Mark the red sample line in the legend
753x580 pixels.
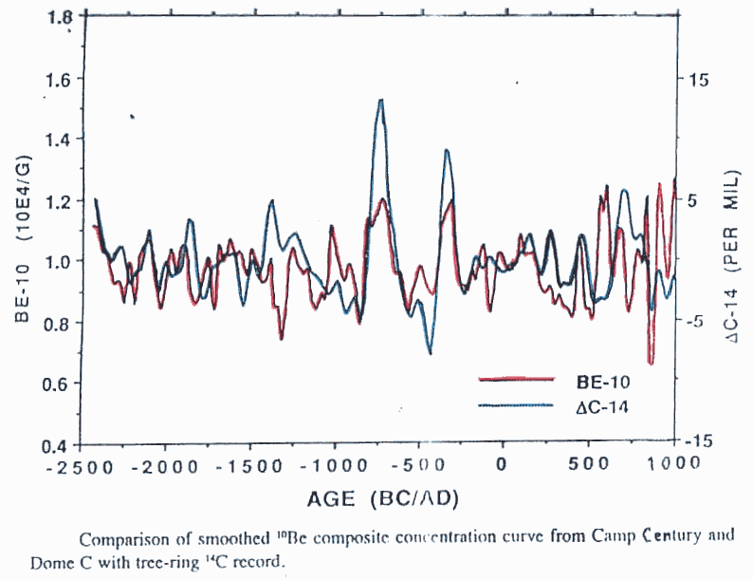point(516,380)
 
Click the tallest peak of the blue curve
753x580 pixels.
point(380,100)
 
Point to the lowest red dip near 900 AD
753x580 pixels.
point(651,363)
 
